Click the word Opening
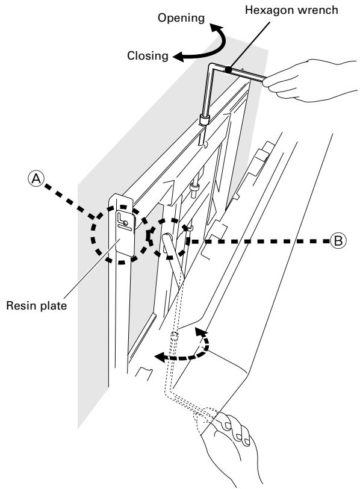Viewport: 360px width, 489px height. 181,19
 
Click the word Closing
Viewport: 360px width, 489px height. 147,56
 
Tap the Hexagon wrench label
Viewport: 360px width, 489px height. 291,10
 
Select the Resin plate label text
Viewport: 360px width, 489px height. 37,305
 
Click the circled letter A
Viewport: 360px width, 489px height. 37,179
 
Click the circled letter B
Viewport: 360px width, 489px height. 338,241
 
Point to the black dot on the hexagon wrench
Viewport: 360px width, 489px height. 229,70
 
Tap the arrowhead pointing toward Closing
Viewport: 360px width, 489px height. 179,57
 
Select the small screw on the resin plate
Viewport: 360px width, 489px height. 125,223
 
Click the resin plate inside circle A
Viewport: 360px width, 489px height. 125,232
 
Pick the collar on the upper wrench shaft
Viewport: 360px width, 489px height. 204,120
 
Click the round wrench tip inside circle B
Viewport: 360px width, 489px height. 167,237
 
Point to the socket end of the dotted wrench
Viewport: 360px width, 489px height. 175,336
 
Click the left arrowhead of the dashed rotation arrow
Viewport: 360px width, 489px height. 160,357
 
